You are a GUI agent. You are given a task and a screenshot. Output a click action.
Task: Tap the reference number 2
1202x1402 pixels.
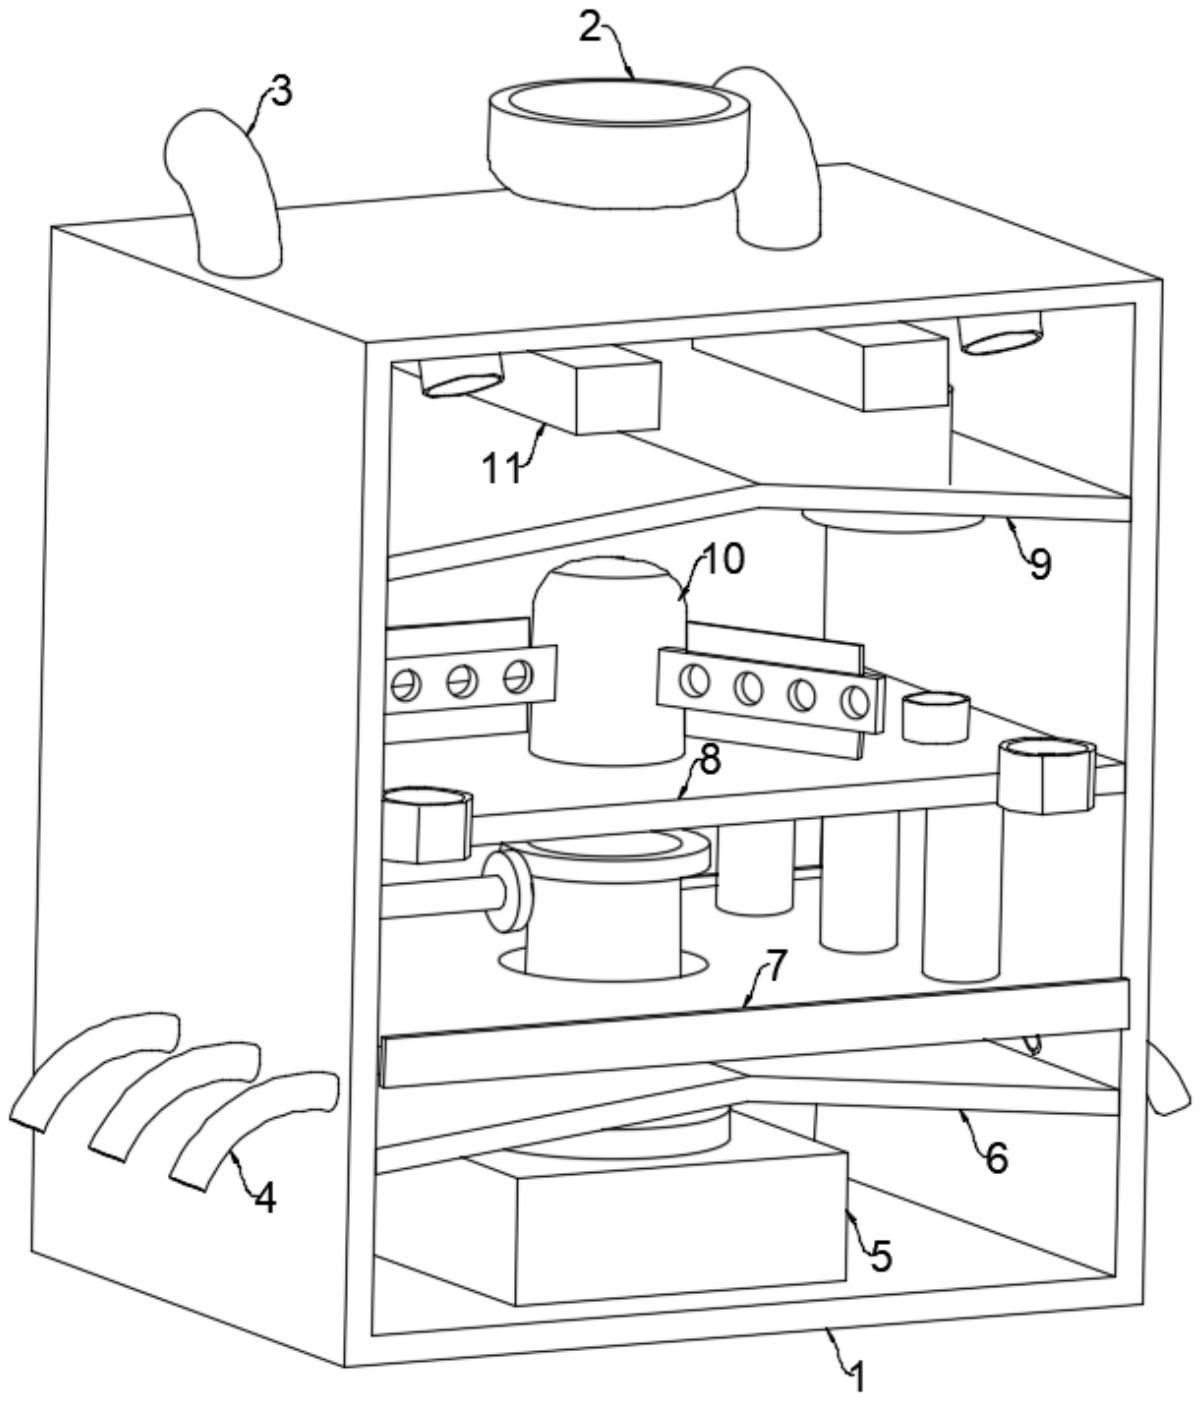(590, 29)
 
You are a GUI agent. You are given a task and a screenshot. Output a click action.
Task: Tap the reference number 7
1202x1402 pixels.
(777, 965)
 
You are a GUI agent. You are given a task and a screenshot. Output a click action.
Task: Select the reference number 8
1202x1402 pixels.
(710, 760)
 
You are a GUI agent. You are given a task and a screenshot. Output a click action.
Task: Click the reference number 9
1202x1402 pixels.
(1040, 563)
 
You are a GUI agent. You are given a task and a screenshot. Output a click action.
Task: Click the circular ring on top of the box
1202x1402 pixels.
(619, 142)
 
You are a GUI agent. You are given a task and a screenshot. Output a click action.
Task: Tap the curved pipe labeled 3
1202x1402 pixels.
(224, 192)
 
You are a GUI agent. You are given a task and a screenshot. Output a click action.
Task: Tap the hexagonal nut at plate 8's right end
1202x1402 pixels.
(1047, 776)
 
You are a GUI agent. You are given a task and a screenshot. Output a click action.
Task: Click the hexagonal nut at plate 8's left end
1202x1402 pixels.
(426, 824)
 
